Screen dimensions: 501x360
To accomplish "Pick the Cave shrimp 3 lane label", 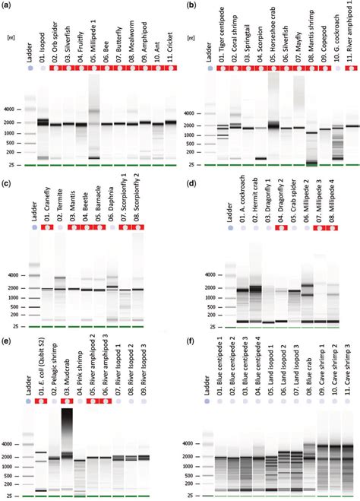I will tap(349, 369).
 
